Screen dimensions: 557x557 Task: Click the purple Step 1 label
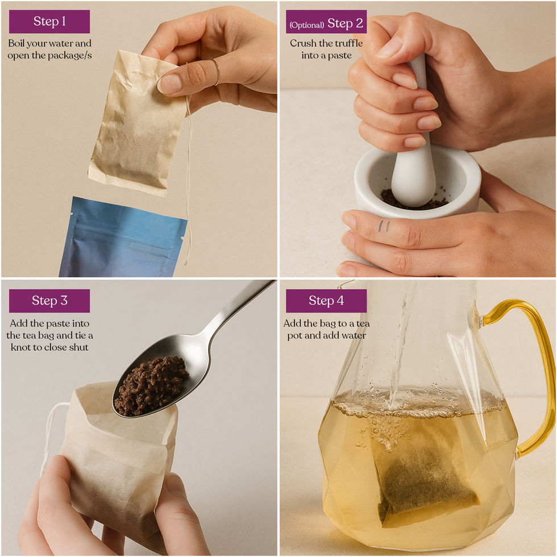pos(49,22)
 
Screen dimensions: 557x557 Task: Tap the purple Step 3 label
pos(49,301)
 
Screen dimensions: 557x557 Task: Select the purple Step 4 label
pos(326,301)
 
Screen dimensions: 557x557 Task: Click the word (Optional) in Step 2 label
pos(306,25)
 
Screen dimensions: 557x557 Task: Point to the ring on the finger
pos(217,73)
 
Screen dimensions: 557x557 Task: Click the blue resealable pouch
pos(123,238)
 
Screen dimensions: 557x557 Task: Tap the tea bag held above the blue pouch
pos(138,123)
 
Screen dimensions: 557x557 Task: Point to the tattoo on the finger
pos(384,226)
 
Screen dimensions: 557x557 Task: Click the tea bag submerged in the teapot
pos(425,472)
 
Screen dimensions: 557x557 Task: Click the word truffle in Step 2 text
pos(347,43)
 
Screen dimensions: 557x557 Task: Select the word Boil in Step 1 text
pos(16,43)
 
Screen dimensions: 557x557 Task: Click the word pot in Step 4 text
pos(294,336)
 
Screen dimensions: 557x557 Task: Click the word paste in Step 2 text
pos(340,56)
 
